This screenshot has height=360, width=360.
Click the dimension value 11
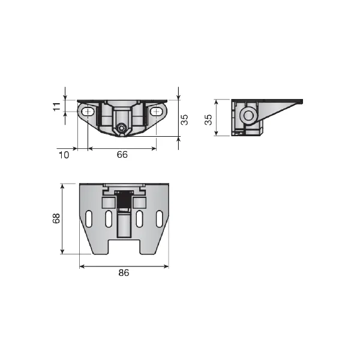coord(56,107)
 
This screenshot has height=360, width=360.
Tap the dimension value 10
coord(64,155)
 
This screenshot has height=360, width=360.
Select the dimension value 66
coord(122,155)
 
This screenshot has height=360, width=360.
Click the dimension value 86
coord(124,273)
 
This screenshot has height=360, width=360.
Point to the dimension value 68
coord(56,218)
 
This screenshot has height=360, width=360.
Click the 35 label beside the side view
coord(208,119)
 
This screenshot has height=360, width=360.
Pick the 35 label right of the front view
coord(184,119)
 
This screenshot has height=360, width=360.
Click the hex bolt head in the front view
coord(121,128)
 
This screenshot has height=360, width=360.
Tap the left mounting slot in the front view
coord(88,112)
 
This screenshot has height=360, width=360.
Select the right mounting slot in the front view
coord(157,112)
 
